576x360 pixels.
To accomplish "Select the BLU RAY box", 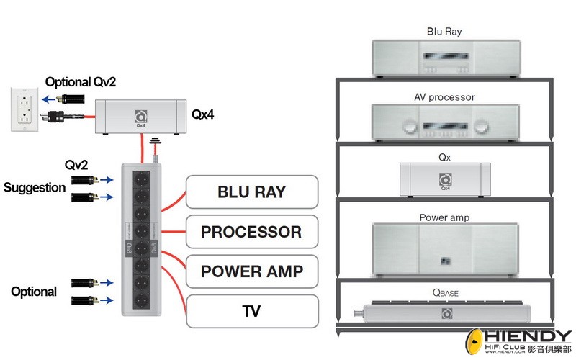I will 251,192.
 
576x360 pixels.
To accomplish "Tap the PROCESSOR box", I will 251,232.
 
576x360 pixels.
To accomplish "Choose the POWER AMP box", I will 251,271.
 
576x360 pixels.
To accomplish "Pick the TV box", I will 251,311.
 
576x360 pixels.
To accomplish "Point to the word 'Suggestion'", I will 33,188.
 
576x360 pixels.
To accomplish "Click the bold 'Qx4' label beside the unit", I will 204,114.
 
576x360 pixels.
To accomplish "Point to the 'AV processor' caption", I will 444,96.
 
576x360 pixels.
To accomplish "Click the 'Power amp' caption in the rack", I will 444,217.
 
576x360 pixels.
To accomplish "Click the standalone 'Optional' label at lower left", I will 33,292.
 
